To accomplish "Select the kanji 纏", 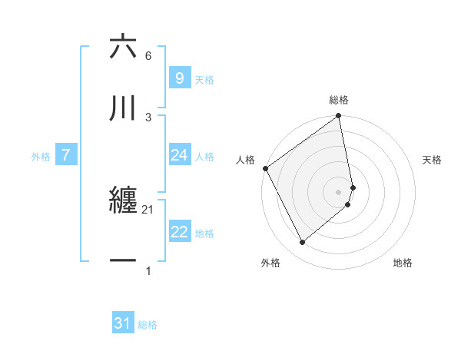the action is tap(124, 201).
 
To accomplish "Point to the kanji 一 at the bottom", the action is tap(124, 262).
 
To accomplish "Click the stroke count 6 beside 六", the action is tap(148, 56).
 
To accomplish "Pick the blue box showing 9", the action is tap(179, 78).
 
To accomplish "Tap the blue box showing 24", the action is tap(179, 155).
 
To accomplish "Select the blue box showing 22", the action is tap(179, 232).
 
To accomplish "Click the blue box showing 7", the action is tap(66, 155).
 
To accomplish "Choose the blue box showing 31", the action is tap(123, 323).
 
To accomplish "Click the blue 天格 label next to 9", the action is tap(204, 79).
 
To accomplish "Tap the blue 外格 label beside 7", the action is tap(41, 157).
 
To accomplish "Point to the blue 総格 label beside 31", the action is tap(148, 325).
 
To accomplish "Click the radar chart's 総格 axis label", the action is tap(339, 100).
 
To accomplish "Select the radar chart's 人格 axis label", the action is tap(246, 160).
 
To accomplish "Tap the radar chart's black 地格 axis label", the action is tap(403, 263).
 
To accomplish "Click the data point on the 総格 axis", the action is tap(339, 117).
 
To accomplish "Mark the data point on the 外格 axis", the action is tap(303, 242).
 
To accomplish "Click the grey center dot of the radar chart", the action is tap(339, 191).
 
